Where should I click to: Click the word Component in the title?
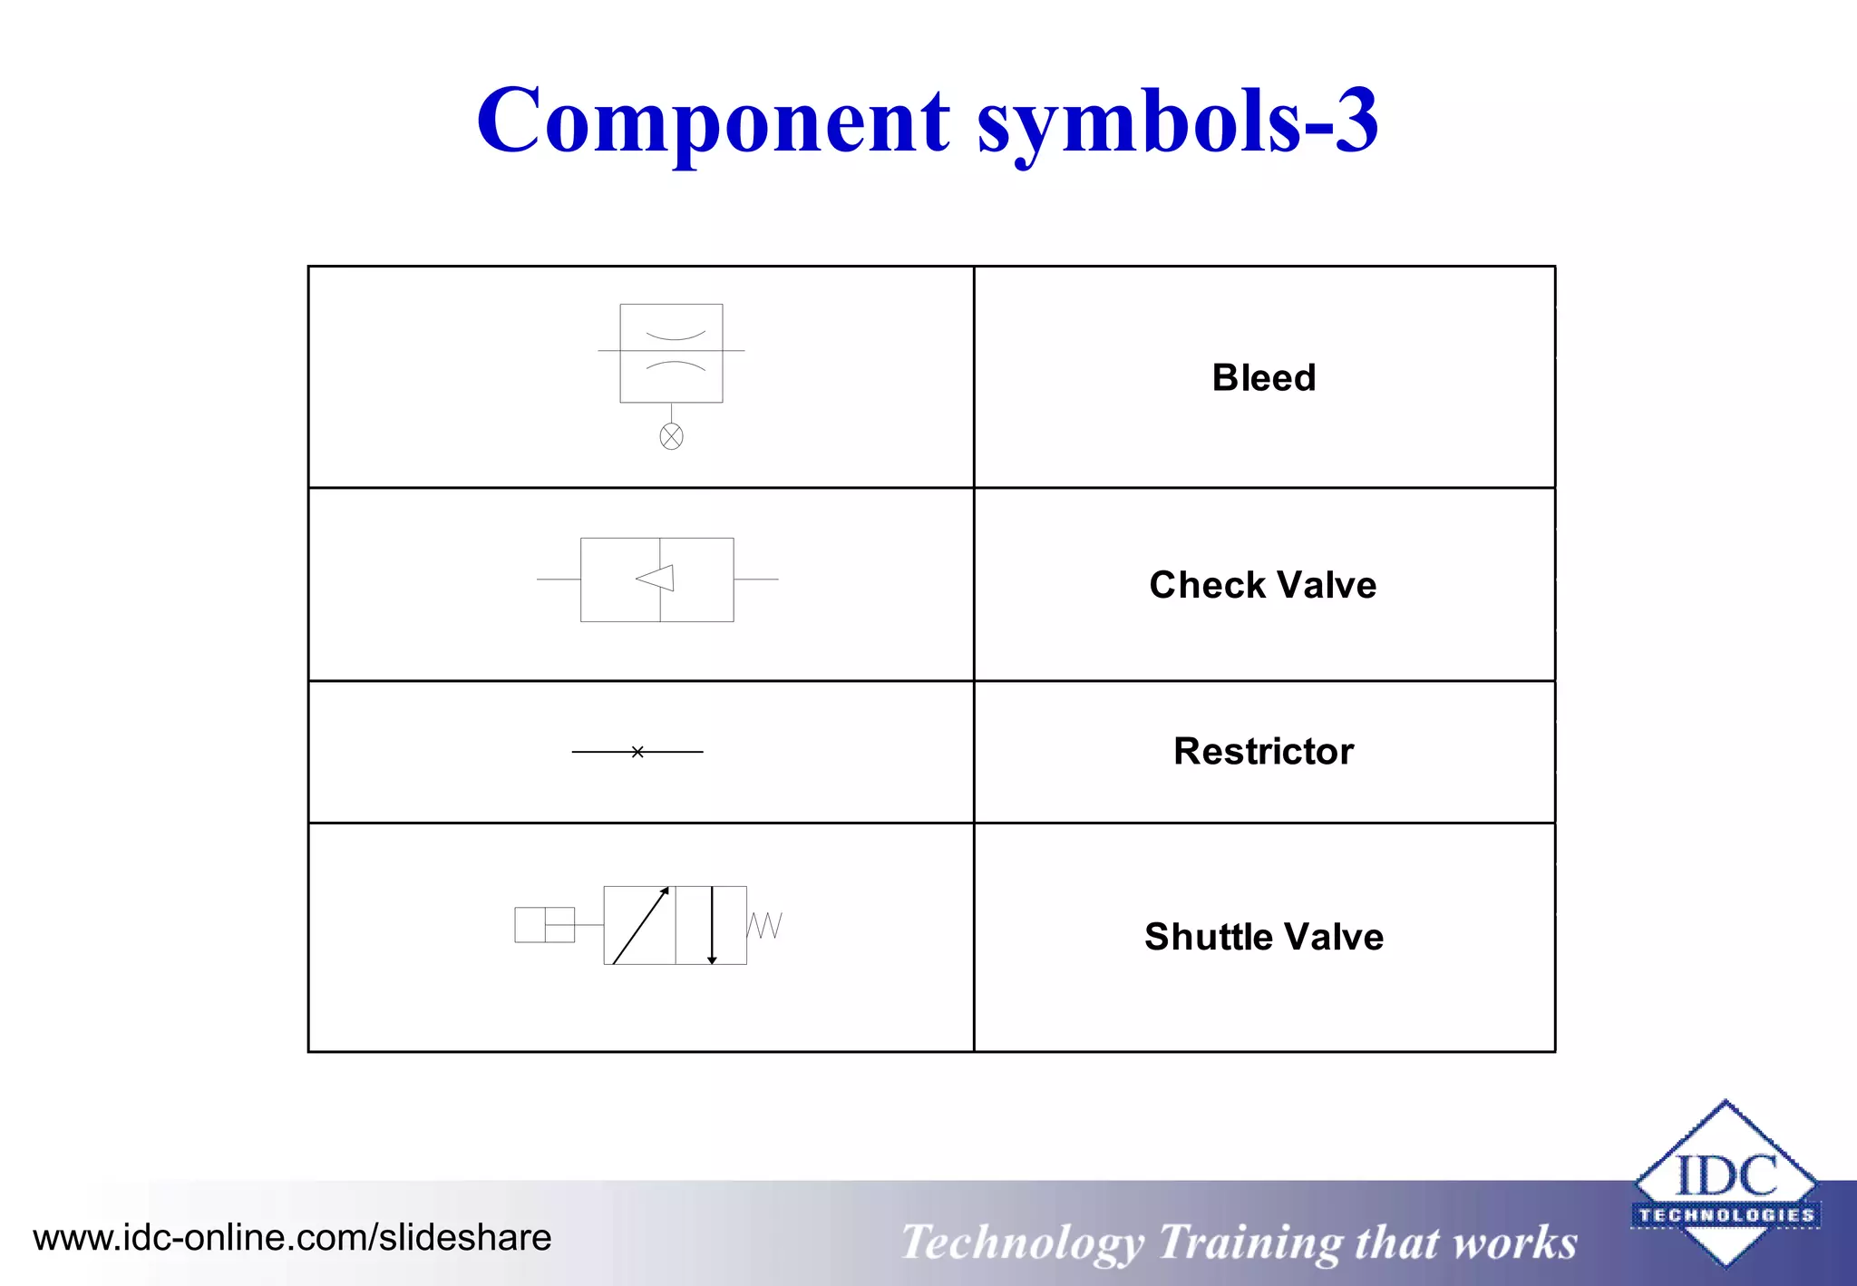click(713, 122)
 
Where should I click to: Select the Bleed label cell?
click(1264, 377)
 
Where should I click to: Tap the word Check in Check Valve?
click(1199, 585)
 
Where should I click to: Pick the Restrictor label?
click(1264, 751)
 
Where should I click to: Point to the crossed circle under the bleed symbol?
click(671, 437)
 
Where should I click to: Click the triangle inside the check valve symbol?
click(656, 578)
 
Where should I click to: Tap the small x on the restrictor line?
click(637, 752)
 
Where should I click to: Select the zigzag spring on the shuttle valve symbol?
click(764, 925)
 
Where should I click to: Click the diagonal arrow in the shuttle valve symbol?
click(640, 925)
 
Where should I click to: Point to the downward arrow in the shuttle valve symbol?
click(712, 925)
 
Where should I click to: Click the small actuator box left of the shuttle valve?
click(544, 925)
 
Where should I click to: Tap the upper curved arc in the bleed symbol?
click(675, 336)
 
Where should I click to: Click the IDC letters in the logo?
click(1726, 1176)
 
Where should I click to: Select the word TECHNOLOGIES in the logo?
click(1726, 1215)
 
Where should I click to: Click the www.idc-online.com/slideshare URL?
click(292, 1238)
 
